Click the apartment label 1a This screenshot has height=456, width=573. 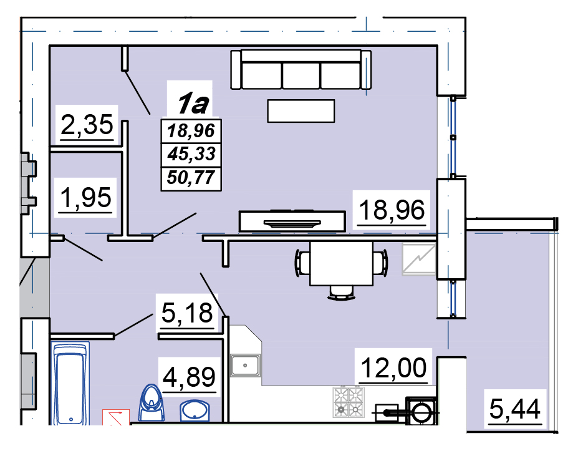[x=193, y=104]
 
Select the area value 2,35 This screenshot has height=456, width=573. [x=87, y=125]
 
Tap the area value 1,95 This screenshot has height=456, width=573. [x=86, y=198]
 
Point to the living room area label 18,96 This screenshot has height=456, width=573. [x=392, y=210]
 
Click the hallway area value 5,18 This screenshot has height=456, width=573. [x=187, y=313]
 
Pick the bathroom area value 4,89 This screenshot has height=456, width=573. [x=189, y=377]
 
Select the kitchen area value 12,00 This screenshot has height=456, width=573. [x=393, y=367]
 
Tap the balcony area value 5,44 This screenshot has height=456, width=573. [x=514, y=409]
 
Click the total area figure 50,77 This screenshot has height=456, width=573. [x=191, y=178]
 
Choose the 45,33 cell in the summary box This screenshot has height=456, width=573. [x=191, y=154]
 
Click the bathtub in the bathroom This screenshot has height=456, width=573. [x=70, y=383]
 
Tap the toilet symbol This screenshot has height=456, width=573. [x=152, y=403]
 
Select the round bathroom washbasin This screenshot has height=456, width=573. [x=195, y=410]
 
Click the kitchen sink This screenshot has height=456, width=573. [x=245, y=366]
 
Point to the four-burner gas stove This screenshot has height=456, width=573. [x=349, y=402]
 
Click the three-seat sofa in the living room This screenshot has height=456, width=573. [x=301, y=69]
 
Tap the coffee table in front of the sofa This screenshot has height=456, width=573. [x=301, y=111]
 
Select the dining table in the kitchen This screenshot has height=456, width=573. [x=341, y=263]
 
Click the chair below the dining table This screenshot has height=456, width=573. [x=342, y=293]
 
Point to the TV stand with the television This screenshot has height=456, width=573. [x=292, y=221]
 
